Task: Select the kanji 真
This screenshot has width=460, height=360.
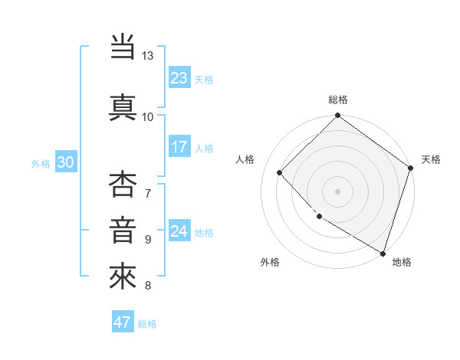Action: point(123,106)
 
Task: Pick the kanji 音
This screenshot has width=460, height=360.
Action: point(123,231)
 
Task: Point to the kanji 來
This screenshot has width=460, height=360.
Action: point(123,276)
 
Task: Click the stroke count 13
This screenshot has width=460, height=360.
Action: point(148,56)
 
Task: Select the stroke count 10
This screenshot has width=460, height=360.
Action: point(148,116)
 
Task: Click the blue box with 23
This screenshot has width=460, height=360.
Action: point(179,78)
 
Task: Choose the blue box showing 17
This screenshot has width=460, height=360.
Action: point(179,147)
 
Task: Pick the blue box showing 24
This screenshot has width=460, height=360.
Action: point(179,231)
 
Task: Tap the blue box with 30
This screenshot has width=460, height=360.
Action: point(65,162)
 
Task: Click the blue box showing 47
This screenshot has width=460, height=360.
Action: point(123,322)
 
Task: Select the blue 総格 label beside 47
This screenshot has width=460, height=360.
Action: point(147,324)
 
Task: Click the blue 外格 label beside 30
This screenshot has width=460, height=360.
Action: point(41,163)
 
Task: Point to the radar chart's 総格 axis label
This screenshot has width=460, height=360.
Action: point(338,100)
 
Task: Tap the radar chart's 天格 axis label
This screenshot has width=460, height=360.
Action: point(431,159)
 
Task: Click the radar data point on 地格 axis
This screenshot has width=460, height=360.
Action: point(383,252)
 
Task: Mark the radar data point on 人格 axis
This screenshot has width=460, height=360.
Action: point(280,172)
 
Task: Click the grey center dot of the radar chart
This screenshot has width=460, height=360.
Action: point(338,191)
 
